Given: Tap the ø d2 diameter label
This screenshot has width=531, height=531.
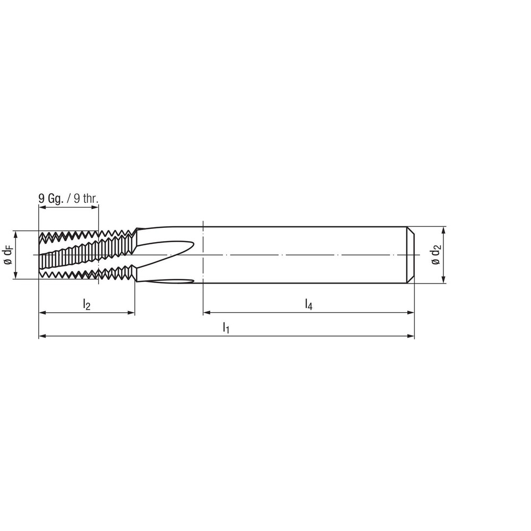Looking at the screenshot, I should click(436, 255).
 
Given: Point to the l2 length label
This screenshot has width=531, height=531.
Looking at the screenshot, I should click(87, 304).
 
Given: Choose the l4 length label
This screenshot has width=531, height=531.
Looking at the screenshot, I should click(309, 304).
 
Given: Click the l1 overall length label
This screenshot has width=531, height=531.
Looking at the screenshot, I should click(226, 327).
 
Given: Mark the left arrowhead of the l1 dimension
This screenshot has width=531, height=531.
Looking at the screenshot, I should click(42, 336).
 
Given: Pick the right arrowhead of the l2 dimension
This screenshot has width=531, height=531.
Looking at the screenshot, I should click(132, 313).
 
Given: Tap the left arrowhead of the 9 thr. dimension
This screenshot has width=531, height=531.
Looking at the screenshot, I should click(42, 207).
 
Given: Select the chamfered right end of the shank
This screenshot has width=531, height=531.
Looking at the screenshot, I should click(411, 255).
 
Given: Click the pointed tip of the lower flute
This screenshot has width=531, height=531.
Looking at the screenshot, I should click(200, 281).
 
